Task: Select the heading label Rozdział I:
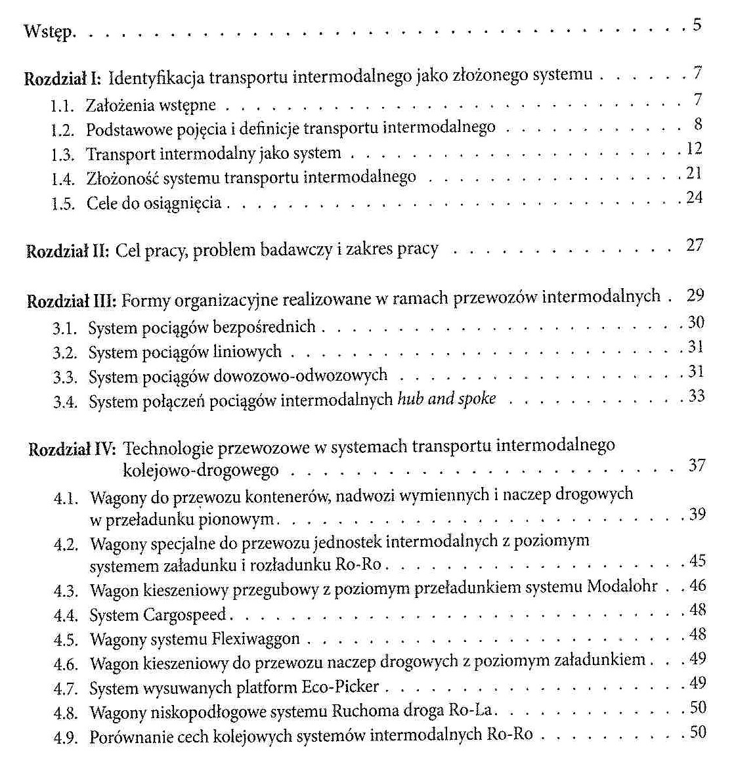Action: coord(62,79)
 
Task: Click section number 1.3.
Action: coord(64,154)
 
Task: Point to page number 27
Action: coord(695,245)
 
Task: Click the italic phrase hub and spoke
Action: coord(446,398)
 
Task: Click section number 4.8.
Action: coord(66,712)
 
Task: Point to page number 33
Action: coord(696,396)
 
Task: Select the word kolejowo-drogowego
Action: coord(200,470)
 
